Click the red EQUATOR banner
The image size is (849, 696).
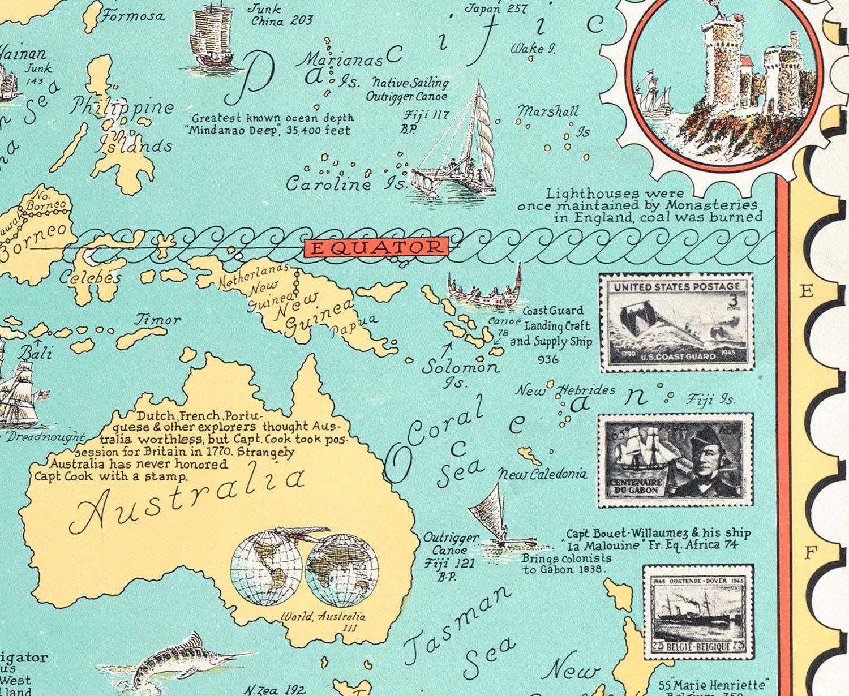point(376,247)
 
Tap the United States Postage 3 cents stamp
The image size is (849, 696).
point(676,322)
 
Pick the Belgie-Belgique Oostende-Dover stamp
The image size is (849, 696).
point(698,612)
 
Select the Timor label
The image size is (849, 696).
point(157,320)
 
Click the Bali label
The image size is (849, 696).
point(35,353)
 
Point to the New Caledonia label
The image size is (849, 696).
point(542,474)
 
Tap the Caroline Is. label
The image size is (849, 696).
point(346,183)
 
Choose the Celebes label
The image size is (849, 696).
point(91,277)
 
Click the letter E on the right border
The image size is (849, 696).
point(806,291)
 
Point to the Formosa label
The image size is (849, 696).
point(134,16)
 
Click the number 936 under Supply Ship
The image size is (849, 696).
point(547,359)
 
